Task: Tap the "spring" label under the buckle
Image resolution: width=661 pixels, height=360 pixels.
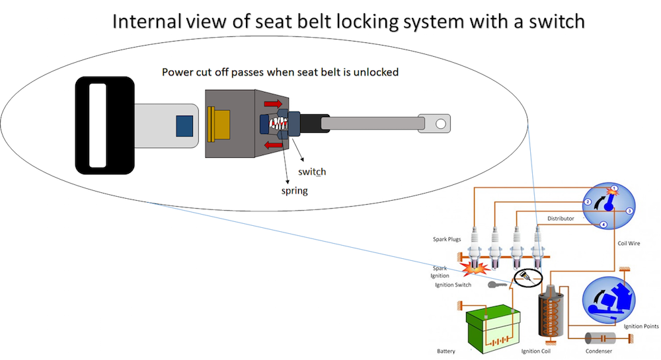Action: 294,191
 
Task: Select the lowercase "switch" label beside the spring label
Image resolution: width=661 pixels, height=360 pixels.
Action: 312,172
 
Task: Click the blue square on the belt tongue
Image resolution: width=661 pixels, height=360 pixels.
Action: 184,125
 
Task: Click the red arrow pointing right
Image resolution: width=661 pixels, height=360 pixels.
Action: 272,104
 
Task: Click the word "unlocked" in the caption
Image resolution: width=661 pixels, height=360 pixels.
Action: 377,71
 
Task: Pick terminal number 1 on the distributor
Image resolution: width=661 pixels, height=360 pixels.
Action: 614,189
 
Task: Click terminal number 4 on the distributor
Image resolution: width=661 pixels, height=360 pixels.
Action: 603,225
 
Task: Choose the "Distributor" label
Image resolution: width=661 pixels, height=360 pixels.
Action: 561,218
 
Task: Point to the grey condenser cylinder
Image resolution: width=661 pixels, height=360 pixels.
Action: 605,338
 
